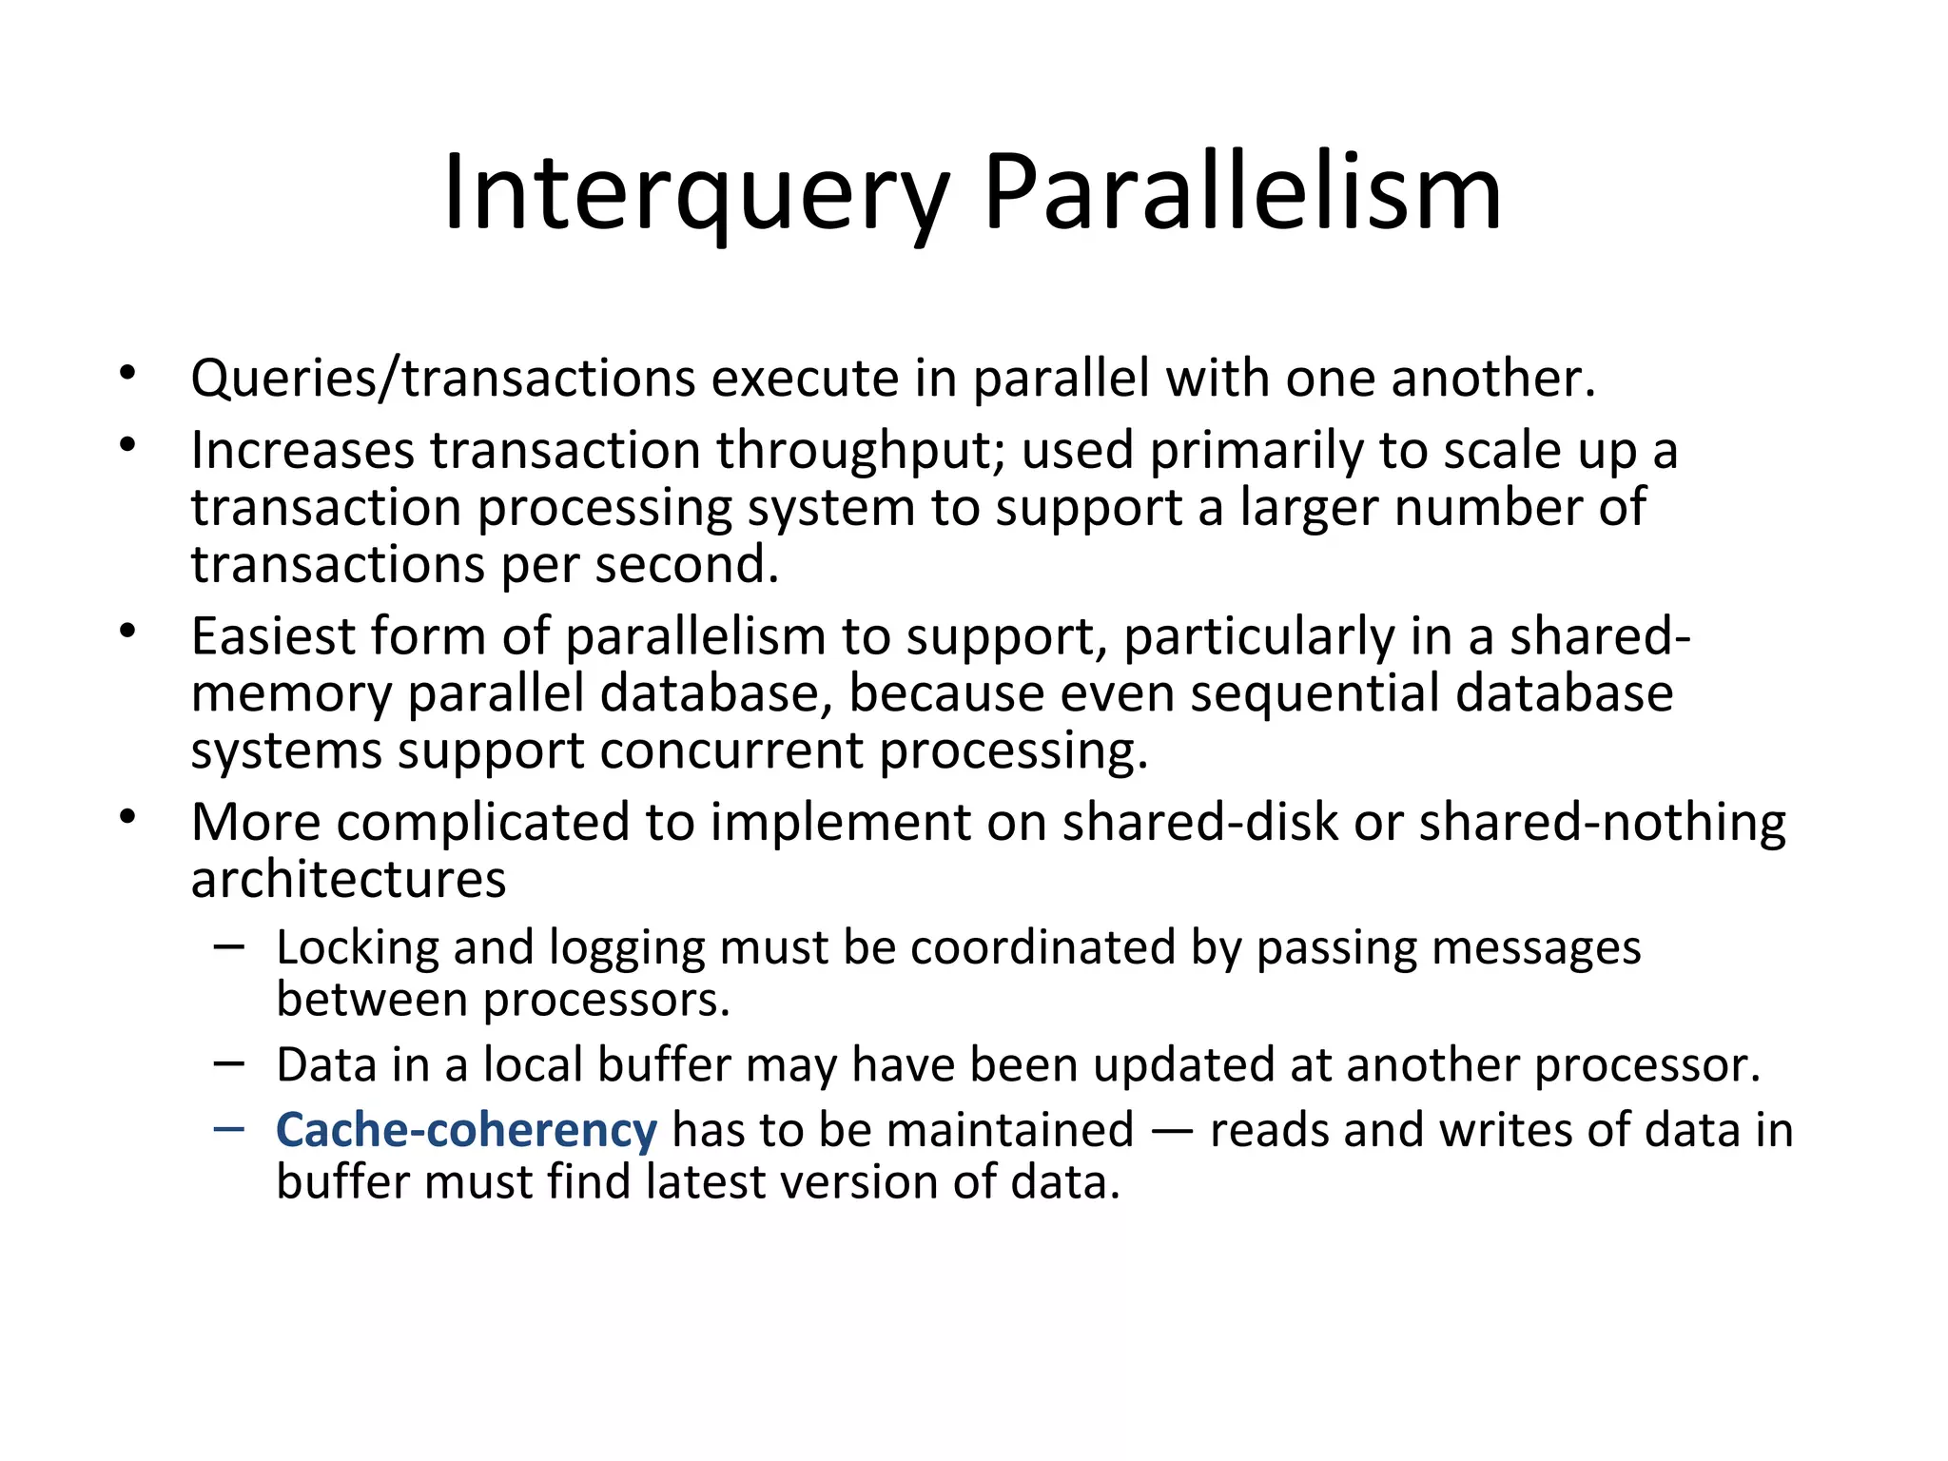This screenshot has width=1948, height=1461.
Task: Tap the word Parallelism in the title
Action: pos(1242,194)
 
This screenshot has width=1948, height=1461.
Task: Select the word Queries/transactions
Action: pos(443,379)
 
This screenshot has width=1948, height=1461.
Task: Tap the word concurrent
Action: pos(731,750)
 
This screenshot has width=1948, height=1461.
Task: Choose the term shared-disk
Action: pos(1199,822)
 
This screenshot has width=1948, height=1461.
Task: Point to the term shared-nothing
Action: pos(1602,822)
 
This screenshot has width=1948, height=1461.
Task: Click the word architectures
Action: pos(348,880)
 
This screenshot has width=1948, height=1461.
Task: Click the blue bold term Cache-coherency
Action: pos(466,1130)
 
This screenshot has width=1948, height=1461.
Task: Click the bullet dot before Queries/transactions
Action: pos(128,374)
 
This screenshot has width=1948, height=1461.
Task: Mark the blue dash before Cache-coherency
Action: pos(229,1128)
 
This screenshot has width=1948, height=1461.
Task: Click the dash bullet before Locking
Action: pos(229,945)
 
